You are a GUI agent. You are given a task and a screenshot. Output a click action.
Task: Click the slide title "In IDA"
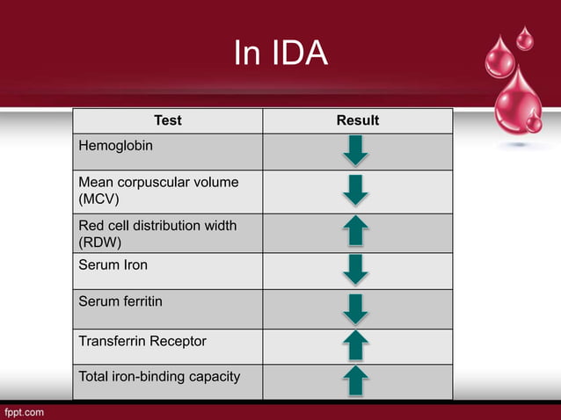280,54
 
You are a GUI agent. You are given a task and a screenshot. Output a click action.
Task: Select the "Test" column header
167,120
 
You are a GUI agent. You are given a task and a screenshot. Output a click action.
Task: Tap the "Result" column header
357,120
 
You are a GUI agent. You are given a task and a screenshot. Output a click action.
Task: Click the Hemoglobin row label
115,145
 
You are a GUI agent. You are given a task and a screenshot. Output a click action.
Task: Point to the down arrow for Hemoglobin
356,151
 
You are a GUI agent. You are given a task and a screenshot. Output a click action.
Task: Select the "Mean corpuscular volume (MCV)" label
158,191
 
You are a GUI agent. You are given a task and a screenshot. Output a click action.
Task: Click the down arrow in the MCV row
356,191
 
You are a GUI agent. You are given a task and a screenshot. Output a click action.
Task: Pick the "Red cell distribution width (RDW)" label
157,233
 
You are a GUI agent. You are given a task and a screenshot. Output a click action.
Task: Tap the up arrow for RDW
356,232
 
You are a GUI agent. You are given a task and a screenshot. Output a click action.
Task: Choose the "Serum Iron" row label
114,264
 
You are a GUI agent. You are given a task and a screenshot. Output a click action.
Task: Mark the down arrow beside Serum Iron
356,270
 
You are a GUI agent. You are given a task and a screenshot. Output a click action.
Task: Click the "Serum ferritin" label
120,301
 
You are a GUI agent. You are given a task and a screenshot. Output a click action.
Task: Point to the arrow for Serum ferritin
356,308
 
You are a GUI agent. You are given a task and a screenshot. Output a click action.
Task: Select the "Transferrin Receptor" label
142,340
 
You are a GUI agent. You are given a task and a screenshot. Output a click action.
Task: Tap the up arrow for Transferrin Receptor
356,345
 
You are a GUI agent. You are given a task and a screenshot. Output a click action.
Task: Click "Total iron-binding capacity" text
159,377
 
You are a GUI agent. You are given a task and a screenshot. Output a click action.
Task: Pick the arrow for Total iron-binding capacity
356,380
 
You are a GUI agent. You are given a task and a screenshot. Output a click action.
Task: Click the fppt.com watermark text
24,410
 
